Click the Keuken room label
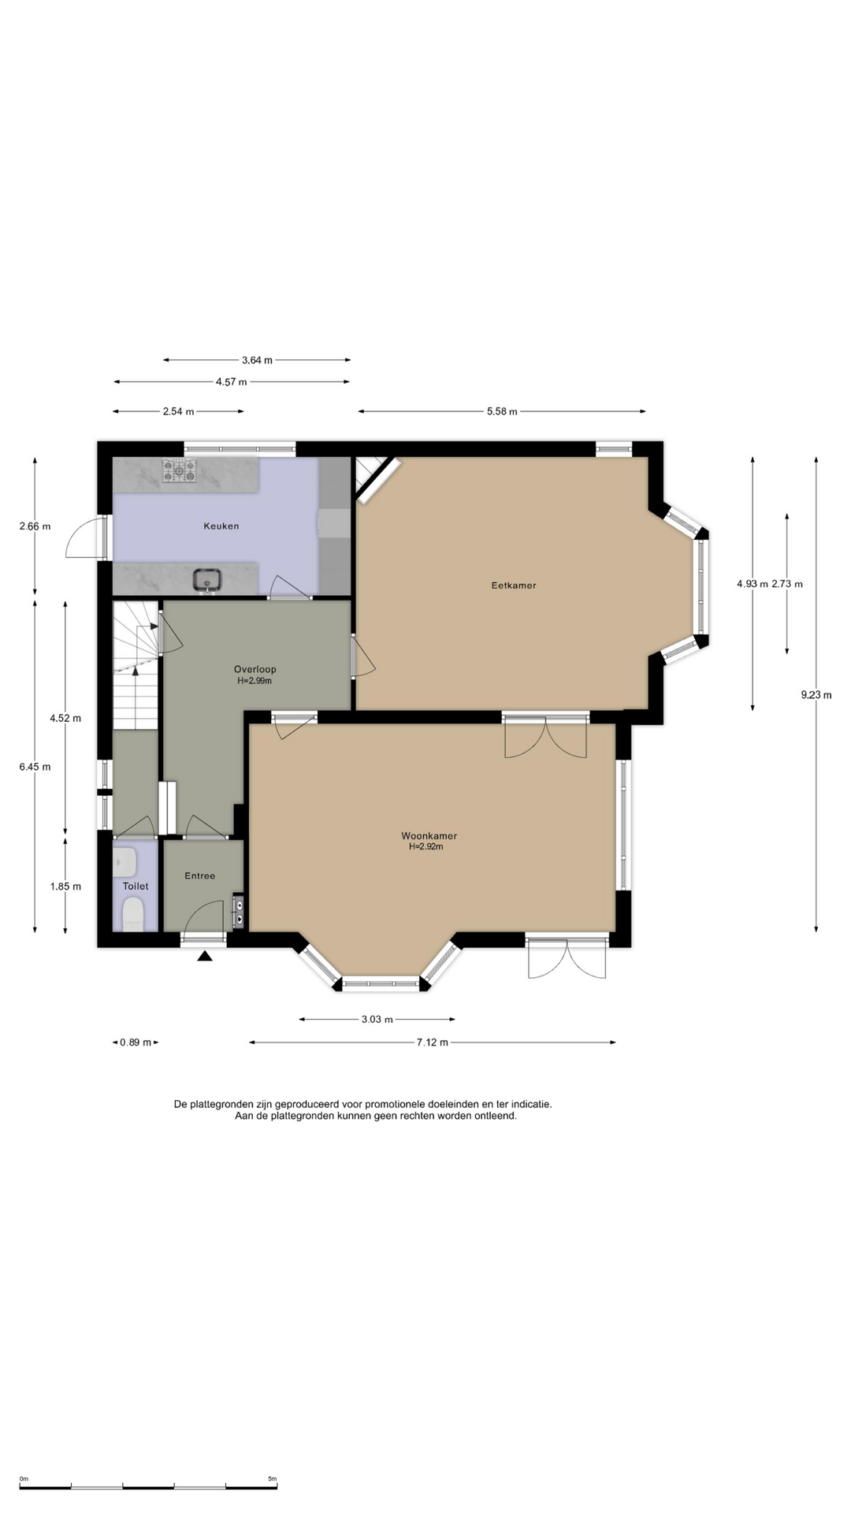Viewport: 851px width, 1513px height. (x=221, y=526)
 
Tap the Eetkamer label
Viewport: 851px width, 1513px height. (x=514, y=585)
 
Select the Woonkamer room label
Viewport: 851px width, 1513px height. (x=429, y=836)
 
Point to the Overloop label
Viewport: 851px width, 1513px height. (x=255, y=670)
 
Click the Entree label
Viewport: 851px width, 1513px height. (x=199, y=875)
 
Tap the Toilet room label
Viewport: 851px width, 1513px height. (x=136, y=886)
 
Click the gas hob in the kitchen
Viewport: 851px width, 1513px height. (x=179, y=470)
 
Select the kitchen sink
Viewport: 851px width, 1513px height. (x=207, y=580)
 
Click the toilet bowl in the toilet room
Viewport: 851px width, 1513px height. (x=133, y=916)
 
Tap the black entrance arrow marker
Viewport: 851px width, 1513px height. (x=205, y=957)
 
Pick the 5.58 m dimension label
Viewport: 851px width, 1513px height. (x=502, y=411)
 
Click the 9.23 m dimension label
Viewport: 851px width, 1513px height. (x=816, y=695)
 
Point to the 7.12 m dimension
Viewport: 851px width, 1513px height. (x=433, y=1043)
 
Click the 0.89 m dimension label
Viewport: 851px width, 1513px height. (x=136, y=1043)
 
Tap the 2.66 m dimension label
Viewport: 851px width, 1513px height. (x=35, y=526)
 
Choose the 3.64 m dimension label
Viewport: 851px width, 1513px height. (x=257, y=360)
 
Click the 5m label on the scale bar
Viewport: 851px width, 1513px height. (x=272, y=1479)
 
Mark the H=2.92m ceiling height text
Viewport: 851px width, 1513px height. (x=426, y=847)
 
